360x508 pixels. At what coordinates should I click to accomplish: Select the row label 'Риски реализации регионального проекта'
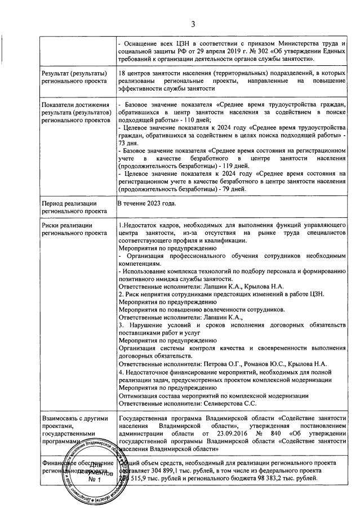(69, 228)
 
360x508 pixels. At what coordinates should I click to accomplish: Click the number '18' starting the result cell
(122, 73)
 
